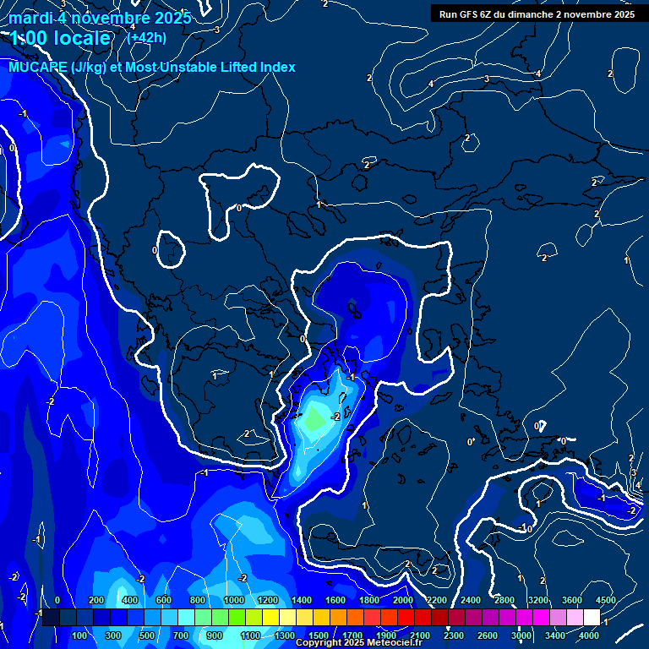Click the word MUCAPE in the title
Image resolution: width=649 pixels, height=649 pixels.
[x=34, y=67]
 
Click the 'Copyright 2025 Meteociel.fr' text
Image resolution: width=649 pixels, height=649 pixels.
[x=358, y=643]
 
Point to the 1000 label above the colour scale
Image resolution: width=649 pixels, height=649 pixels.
[x=234, y=601]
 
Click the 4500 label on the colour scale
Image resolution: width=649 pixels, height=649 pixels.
[x=605, y=601]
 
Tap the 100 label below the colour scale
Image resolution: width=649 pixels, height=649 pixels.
[x=80, y=635]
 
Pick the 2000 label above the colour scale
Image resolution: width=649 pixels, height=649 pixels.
[x=403, y=601]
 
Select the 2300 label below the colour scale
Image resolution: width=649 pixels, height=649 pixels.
[x=454, y=635]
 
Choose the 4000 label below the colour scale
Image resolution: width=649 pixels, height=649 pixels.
[x=589, y=635]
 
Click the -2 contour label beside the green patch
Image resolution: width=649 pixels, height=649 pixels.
[x=335, y=417]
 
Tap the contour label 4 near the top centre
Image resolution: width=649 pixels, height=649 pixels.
[x=431, y=84]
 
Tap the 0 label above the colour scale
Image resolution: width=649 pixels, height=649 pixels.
[x=57, y=601]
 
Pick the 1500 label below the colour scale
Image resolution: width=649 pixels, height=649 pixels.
[x=319, y=635]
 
